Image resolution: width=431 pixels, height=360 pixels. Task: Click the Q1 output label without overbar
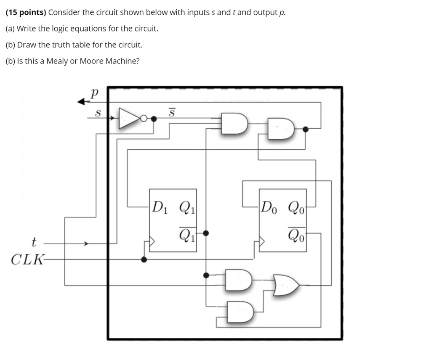coord(186,207)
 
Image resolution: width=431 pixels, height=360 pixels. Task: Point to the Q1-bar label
coord(187,234)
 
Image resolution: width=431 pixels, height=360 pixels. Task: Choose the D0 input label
coord(269,207)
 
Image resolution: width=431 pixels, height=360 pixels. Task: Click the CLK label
coord(26,259)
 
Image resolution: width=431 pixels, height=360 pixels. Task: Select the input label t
coord(34,243)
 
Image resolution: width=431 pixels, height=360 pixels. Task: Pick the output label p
coord(94,93)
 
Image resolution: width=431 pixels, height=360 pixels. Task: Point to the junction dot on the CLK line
coord(144,259)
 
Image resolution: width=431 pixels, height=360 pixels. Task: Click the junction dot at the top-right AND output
coord(306,129)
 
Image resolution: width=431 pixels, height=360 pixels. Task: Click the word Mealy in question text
coord(57,61)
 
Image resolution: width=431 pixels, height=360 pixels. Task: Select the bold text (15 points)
coord(26,12)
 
